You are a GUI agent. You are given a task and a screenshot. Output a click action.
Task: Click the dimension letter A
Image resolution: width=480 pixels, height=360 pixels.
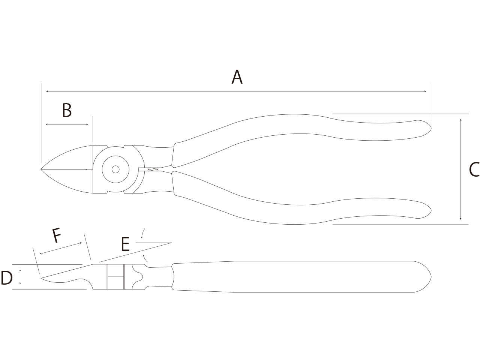pos(237,77)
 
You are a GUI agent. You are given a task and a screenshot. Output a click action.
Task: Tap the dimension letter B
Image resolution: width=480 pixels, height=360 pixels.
pos(67,110)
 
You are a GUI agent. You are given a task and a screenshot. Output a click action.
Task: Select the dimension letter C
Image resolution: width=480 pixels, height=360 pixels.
pos(474,169)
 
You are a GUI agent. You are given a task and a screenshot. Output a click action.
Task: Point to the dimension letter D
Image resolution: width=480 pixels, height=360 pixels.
pos(6,278)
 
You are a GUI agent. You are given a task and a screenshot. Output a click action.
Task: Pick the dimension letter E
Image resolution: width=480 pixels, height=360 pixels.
pos(125,244)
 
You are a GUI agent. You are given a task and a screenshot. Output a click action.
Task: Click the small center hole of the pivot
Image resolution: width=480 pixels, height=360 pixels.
pos(115,169)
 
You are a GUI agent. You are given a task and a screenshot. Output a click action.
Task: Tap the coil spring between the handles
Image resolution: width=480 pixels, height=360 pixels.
pos(153,169)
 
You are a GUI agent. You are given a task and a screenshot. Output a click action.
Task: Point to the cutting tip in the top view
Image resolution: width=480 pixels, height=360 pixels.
pos(41,169)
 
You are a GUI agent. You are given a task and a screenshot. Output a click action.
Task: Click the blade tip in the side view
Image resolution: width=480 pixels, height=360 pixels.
pos(42,278)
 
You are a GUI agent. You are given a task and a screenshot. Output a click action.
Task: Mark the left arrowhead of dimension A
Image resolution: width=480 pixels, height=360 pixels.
pos(47,91)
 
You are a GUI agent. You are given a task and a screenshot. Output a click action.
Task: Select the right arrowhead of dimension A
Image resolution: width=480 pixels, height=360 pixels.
pos(425,91)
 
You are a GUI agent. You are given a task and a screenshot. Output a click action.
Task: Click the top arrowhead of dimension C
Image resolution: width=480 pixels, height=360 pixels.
pos(460,120)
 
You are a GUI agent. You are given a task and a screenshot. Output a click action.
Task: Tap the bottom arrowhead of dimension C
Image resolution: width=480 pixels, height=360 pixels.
pos(460,218)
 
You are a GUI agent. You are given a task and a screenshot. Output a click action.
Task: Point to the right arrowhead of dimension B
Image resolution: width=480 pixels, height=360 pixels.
pos(87,124)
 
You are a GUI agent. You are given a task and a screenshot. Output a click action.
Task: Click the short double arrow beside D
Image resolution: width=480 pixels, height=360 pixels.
pos(20,277)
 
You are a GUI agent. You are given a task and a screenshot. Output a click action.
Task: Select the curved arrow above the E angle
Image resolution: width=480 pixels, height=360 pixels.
pos(143,233)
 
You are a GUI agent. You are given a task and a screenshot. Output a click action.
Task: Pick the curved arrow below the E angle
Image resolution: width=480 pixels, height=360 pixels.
pos(145,258)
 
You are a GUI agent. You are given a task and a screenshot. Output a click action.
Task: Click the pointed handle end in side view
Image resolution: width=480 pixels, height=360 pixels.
pos(431,277)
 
